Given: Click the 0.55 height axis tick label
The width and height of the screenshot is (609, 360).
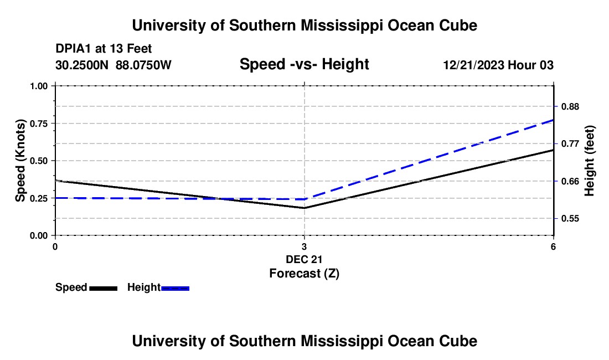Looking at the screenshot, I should pos(570,218).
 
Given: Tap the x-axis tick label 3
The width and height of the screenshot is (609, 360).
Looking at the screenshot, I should pos(304,246).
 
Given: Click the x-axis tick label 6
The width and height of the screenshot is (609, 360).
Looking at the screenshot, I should pos(553,246).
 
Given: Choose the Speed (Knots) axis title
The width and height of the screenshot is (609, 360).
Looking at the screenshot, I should pos(20,161).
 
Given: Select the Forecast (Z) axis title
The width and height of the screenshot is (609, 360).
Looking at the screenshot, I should pos(304,273).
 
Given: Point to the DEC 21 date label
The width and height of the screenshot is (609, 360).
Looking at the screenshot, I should pos(304,259).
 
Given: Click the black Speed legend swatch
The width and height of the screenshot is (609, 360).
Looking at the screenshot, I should pos(103,288).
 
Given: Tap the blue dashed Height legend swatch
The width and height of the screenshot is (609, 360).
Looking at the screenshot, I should pos(176,288).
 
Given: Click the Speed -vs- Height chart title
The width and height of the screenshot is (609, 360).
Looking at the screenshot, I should pos(304,65).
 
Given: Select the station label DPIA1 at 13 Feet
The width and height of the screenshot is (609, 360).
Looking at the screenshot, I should pos(104,49).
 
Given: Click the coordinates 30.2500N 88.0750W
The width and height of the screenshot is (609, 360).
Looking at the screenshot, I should pos(113,65).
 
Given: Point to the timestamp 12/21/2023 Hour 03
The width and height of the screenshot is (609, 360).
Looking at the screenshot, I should pos(498,65).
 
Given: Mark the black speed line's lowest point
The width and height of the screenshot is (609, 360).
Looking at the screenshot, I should pos(304,208).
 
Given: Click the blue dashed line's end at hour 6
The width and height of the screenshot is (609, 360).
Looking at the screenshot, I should pos(553,120).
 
